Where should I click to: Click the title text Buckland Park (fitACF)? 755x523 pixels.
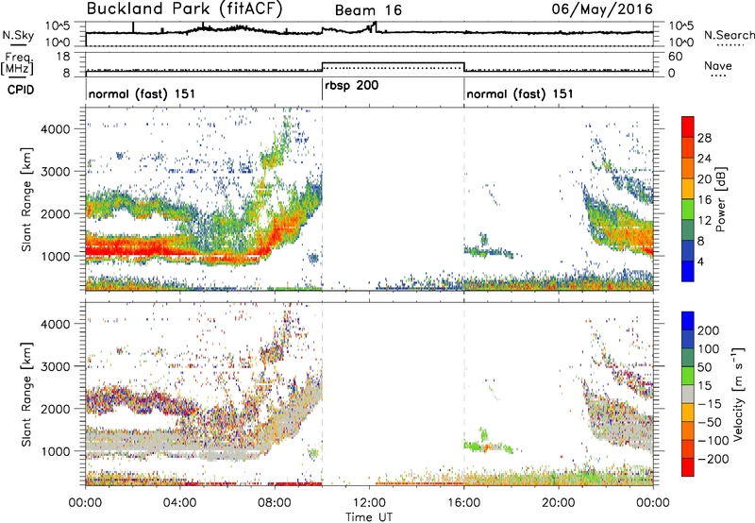click(x=184, y=8)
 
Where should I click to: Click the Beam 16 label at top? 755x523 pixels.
click(x=368, y=10)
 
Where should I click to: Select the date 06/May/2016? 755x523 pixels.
click(x=602, y=8)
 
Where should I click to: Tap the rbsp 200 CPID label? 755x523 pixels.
click(x=351, y=86)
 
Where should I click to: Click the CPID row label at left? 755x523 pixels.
click(x=20, y=90)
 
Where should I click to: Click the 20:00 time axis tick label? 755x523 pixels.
click(x=559, y=503)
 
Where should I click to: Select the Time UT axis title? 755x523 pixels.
click(x=369, y=516)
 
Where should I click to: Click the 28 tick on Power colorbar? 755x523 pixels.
click(x=704, y=138)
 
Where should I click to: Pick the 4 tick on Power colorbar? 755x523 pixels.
click(x=701, y=261)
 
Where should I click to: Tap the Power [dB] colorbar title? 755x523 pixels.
click(x=721, y=199)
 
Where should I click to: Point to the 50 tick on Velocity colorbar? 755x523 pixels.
click(x=704, y=367)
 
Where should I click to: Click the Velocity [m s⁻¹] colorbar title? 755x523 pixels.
click(x=738, y=394)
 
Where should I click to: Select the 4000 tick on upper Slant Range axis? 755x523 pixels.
click(x=55, y=129)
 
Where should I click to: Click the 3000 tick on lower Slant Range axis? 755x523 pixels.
click(x=55, y=366)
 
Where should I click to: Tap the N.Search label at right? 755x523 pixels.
click(x=729, y=35)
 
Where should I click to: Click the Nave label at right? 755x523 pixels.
click(x=718, y=65)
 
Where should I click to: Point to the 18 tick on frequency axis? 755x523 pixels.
click(x=63, y=57)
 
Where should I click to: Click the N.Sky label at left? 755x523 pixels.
click(x=18, y=36)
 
